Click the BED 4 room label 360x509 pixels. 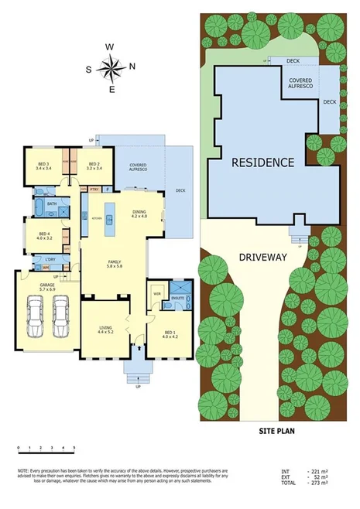point(43,236)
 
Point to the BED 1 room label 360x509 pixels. point(170,313)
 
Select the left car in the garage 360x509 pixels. point(35,319)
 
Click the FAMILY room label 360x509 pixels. point(114,265)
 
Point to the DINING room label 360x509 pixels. point(139,213)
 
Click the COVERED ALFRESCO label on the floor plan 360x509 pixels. point(139,167)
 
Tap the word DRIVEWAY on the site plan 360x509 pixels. point(261,256)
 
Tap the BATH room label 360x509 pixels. point(52,204)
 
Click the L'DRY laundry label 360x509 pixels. point(49,258)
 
